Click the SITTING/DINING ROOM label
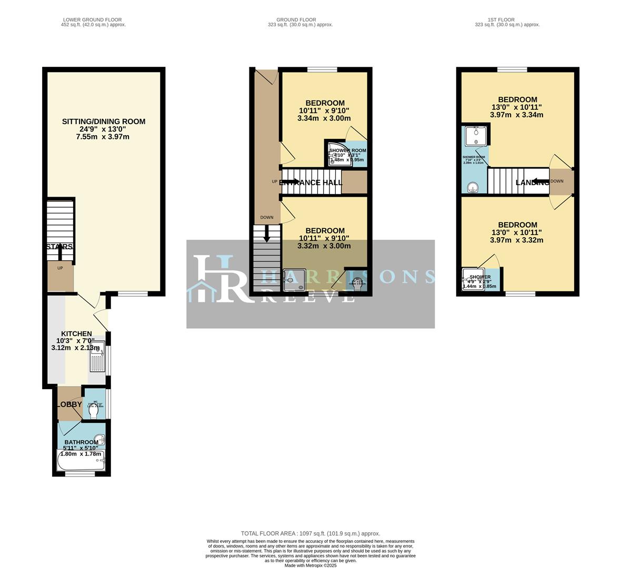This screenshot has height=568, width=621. click(x=104, y=121)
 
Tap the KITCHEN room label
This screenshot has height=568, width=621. click(x=77, y=334)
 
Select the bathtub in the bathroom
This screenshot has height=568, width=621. click(x=81, y=461)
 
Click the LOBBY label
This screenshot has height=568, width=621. click(x=69, y=404)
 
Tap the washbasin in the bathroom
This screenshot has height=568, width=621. click(x=98, y=440)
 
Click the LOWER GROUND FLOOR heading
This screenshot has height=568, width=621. click(x=93, y=20)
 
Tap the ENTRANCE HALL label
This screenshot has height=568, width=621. click(x=307, y=182)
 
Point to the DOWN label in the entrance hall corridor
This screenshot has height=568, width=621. click(x=267, y=217)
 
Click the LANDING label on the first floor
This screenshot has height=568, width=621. click(x=532, y=182)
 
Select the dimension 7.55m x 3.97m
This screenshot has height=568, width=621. click(x=104, y=137)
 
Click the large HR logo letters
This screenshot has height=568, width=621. click(x=221, y=279)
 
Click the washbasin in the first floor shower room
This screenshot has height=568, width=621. click(x=474, y=187)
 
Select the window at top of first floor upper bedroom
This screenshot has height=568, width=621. click(x=512, y=69)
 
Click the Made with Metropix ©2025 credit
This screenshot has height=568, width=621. click(x=310, y=565)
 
